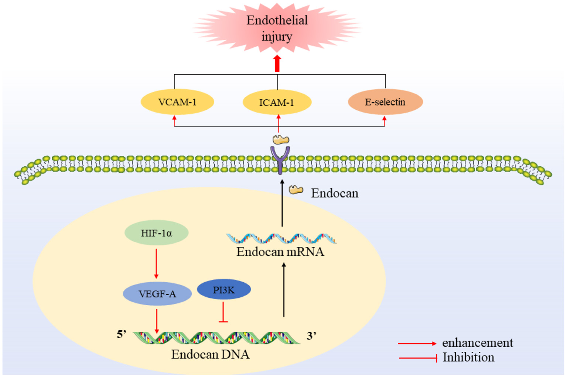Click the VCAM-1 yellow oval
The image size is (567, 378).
[x=177, y=102]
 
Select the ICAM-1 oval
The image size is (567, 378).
[x=277, y=102]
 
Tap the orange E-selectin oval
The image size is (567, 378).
[x=385, y=102]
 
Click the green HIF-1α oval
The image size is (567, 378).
[x=156, y=233]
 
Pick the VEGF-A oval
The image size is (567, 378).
[x=157, y=294]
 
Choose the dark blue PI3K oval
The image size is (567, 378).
[x=224, y=290]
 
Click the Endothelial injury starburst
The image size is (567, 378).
[x=277, y=28]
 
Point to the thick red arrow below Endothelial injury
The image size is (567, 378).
[x=277, y=64]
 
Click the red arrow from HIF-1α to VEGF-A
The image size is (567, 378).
[x=156, y=263]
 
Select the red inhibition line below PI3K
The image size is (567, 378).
[x=223, y=313]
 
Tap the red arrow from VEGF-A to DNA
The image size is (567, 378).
[x=157, y=321]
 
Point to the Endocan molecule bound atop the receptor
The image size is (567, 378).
[x=281, y=140]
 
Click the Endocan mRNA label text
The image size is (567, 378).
[x=280, y=252]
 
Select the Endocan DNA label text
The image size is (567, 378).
[x=210, y=355]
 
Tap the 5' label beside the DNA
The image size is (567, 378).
[x=122, y=334]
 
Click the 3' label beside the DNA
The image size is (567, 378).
[x=311, y=336]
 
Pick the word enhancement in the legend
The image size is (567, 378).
[x=477, y=343]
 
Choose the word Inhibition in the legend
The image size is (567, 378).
[x=468, y=358]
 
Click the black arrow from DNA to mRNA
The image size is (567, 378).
[x=284, y=290]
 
